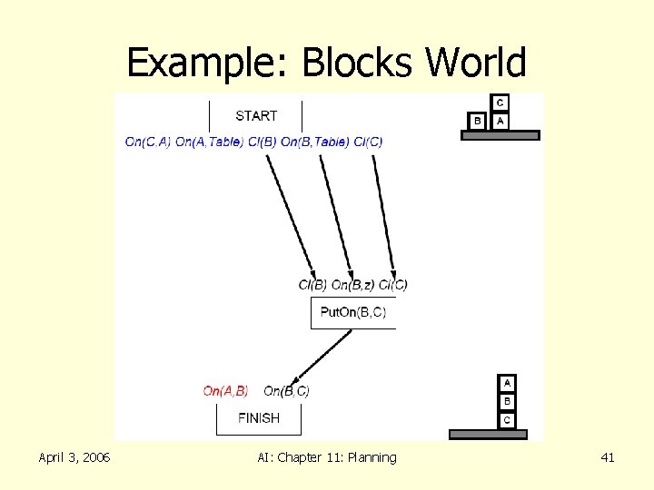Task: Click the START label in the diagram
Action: (x=256, y=115)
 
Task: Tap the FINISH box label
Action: (x=258, y=418)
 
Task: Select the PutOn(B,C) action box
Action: (x=353, y=312)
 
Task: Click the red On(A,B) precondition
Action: (x=225, y=391)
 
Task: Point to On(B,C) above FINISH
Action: (x=286, y=391)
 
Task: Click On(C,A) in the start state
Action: (x=147, y=142)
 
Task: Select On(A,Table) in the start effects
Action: (x=209, y=142)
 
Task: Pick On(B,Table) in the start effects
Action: (x=315, y=142)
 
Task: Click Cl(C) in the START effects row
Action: (x=368, y=142)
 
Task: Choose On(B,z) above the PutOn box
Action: (x=352, y=285)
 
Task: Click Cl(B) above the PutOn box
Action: (x=312, y=285)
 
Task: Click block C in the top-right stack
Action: (x=500, y=103)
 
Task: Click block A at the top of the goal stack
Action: (x=507, y=383)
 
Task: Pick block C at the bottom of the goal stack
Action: (x=507, y=419)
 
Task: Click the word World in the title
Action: (x=476, y=64)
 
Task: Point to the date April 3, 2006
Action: (x=74, y=457)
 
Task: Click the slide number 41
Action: (x=608, y=457)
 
